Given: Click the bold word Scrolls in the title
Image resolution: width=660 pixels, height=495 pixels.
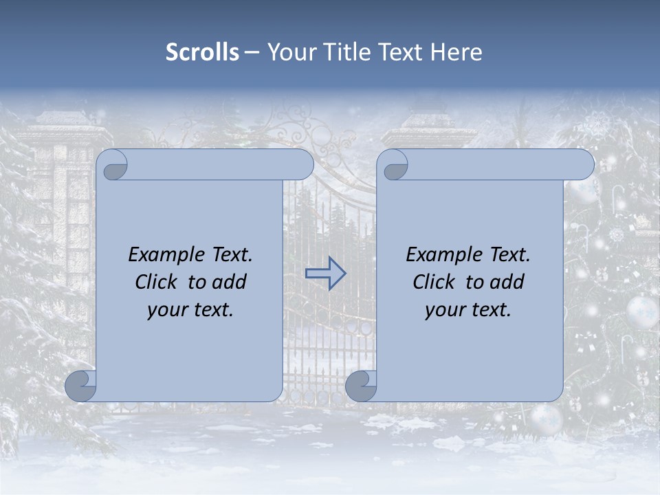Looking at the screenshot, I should pos(203,52).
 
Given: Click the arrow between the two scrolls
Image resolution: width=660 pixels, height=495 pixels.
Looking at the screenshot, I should pos(325,273).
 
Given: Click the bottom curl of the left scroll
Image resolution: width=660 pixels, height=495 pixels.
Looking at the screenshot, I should pos(81,386).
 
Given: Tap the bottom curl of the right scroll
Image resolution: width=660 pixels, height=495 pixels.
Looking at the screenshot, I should pos(361,386).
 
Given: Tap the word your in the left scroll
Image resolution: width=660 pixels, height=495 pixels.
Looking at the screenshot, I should pos(167,310).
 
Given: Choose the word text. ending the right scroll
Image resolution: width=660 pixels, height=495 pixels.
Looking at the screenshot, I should pos(491,310).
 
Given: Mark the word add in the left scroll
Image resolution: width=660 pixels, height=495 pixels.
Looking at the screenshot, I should pos(230,283).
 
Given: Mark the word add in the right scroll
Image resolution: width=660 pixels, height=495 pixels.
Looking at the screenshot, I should pos(507,283).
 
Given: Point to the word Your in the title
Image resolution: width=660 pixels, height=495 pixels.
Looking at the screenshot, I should pos(289,52).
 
